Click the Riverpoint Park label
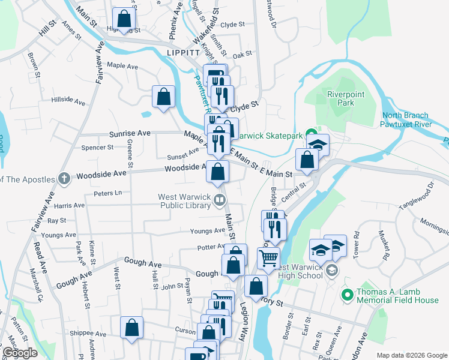click(341, 98)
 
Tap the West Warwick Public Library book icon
click(221, 200)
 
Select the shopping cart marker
click(268, 258)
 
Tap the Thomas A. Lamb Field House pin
click(346, 295)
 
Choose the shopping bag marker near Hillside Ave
click(163, 97)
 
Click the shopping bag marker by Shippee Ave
click(131, 328)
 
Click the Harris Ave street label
click(70, 205)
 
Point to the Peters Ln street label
click(107, 193)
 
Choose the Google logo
click(20, 353)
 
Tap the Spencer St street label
click(97, 147)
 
